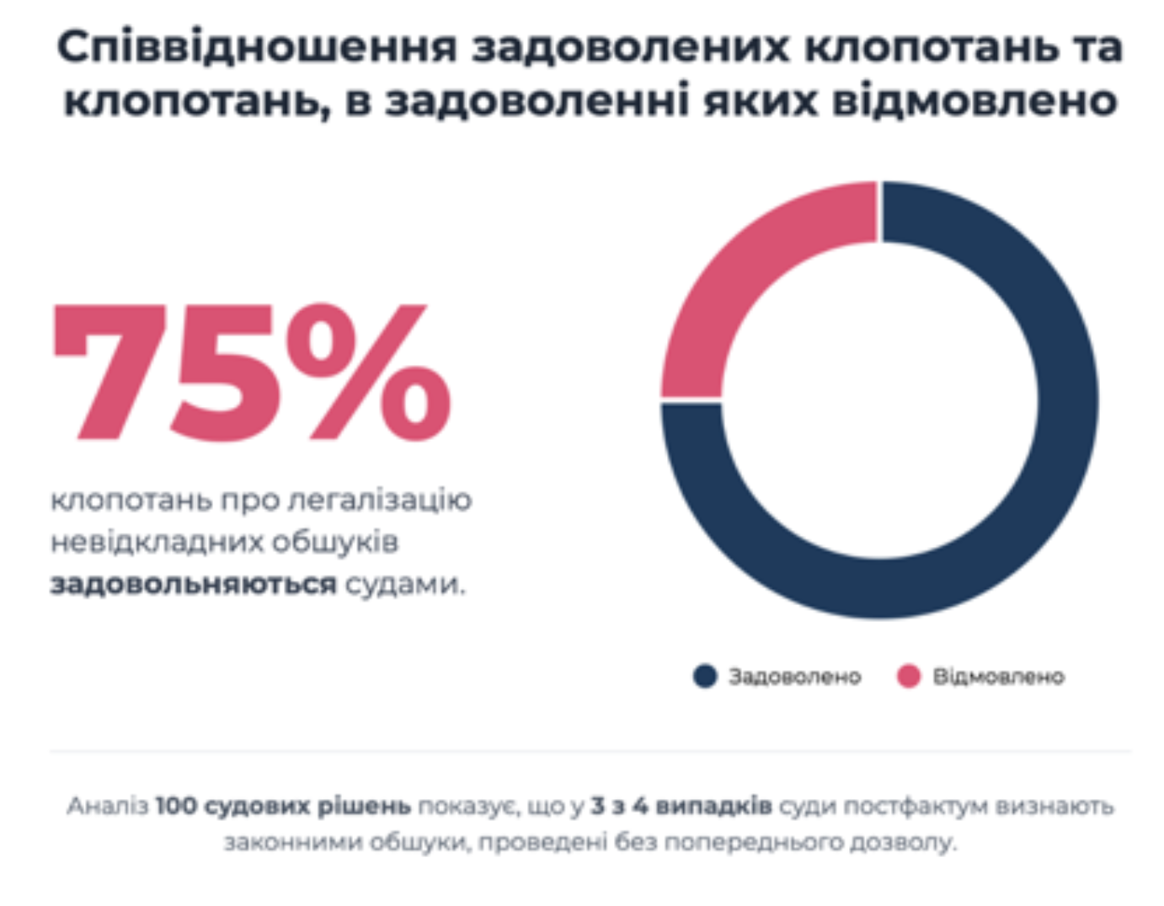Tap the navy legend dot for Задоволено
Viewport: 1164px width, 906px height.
pyautogui.click(x=705, y=676)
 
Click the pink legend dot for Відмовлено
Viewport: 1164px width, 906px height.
pyautogui.click(x=909, y=676)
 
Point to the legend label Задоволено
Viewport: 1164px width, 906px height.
pyautogui.click(x=794, y=677)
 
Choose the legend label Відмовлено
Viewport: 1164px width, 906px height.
pyautogui.click(x=998, y=677)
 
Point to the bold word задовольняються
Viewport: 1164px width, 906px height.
pyautogui.click(x=193, y=583)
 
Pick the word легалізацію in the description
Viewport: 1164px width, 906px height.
pyautogui.click(x=380, y=500)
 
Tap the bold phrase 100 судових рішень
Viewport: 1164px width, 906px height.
pyautogui.click(x=283, y=806)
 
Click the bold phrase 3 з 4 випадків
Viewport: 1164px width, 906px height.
pyautogui.click(x=681, y=806)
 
